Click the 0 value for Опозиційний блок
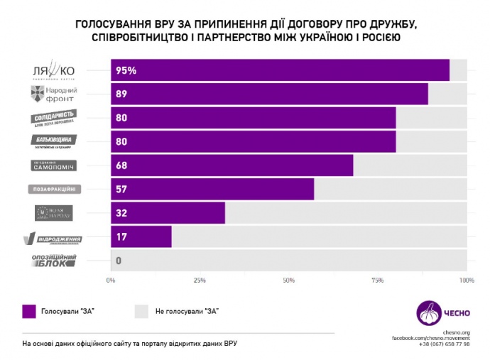click(119, 261)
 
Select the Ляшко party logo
click(54, 71)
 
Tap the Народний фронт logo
click(54, 94)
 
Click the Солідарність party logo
click(54, 118)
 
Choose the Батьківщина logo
click(54, 141)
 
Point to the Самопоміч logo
click(54, 165)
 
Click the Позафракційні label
click(54, 190)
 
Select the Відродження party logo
click(54, 238)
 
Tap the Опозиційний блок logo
click(54, 261)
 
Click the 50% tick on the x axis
click(288, 281)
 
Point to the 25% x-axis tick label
click(200, 281)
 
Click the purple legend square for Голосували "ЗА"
click(28, 310)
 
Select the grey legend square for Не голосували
click(141, 310)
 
